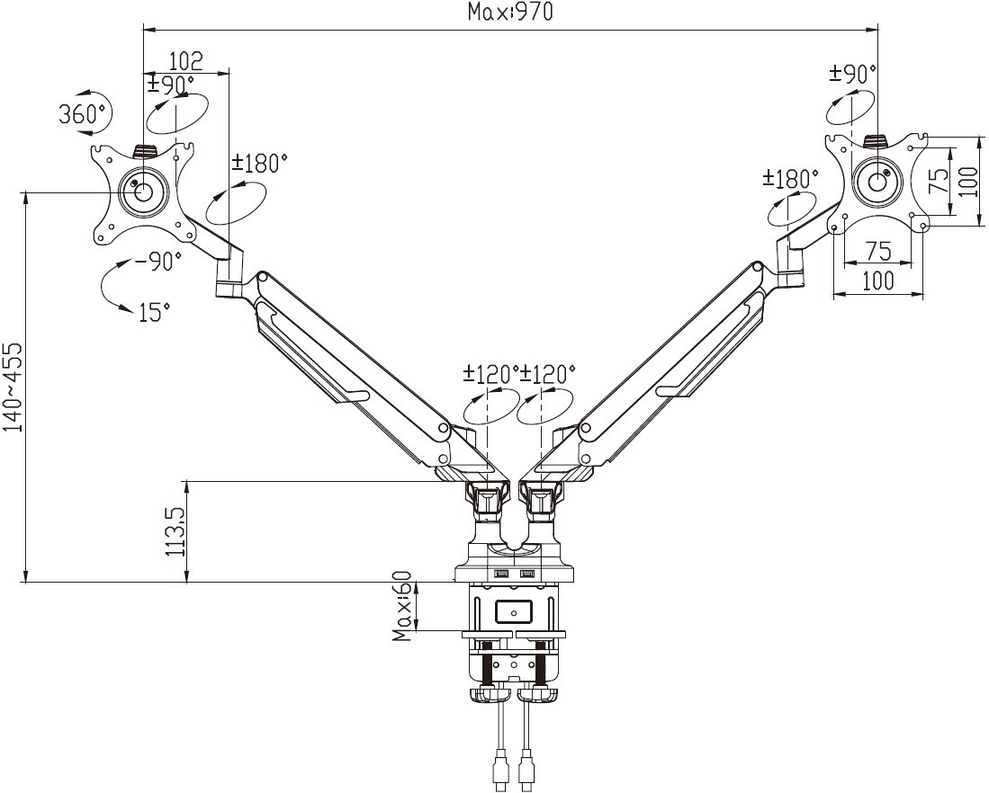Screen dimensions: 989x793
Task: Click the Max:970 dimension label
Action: point(509,12)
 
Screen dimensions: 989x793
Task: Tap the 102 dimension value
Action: point(186,61)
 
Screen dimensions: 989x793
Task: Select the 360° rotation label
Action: point(83,115)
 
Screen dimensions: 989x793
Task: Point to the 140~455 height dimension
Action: point(13,387)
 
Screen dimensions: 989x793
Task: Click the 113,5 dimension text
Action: point(175,532)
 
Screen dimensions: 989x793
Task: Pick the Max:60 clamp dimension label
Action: point(401,606)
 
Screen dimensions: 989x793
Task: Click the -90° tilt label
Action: point(157,261)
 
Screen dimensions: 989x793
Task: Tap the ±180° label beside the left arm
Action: point(259,164)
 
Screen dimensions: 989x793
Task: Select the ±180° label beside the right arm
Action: point(790,178)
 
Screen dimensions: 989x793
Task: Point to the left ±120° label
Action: point(490,373)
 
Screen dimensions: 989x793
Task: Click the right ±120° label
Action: point(547,373)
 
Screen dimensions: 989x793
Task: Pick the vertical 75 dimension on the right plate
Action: point(939,181)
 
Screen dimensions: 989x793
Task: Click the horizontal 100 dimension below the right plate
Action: point(878,280)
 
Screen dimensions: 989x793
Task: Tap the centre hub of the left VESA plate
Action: point(143,192)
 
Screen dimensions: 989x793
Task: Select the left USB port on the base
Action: point(503,575)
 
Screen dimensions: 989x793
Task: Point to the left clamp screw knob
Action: point(488,696)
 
